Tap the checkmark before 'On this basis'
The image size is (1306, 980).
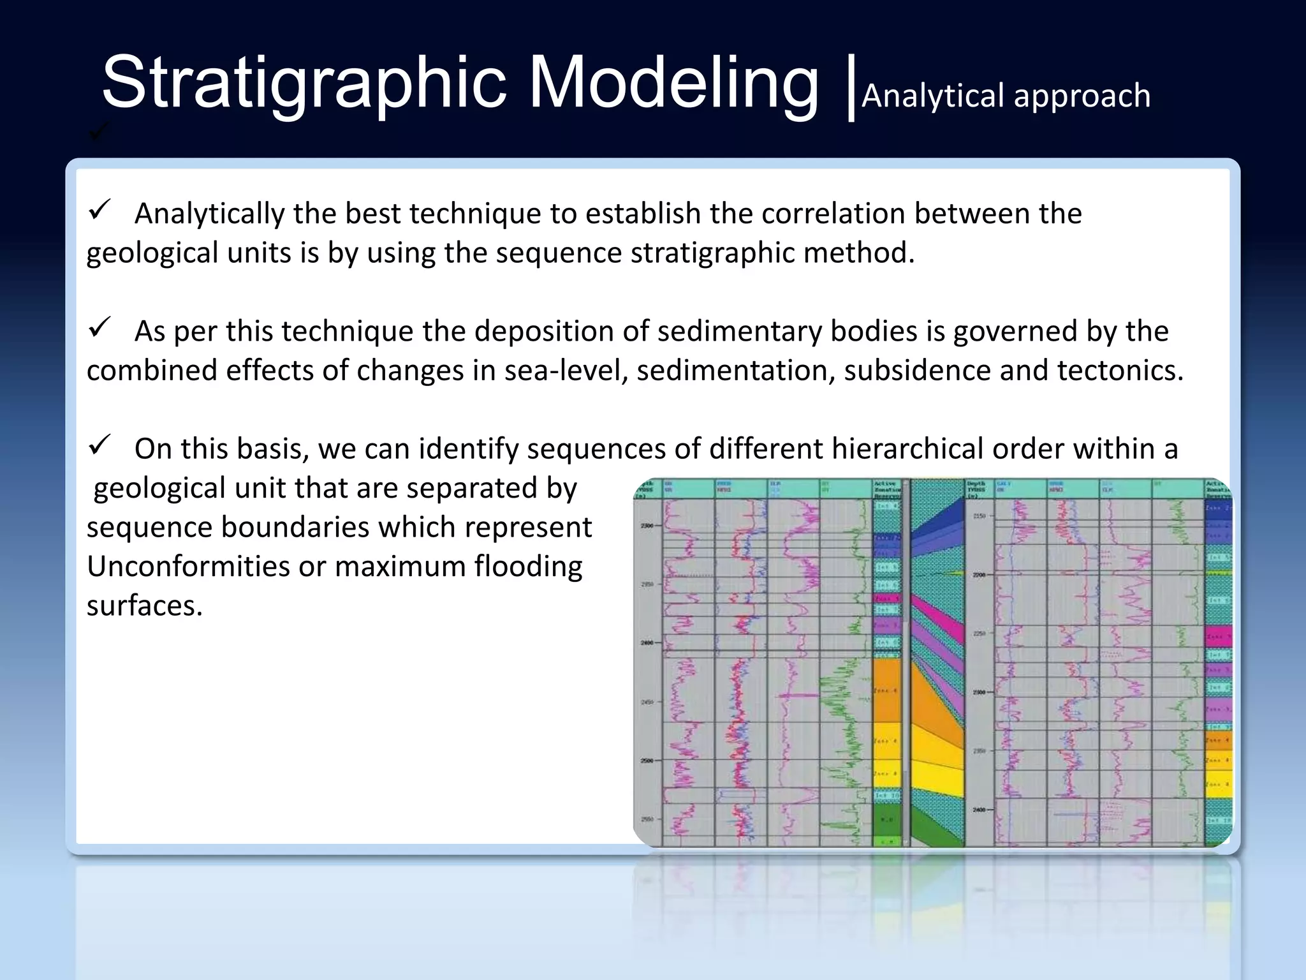click(99, 445)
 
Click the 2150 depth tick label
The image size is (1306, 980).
click(979, 516)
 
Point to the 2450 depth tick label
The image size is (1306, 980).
click(647, 702)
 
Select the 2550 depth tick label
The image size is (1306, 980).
click(647, 819)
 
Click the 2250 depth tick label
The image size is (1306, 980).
click(979, 633)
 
